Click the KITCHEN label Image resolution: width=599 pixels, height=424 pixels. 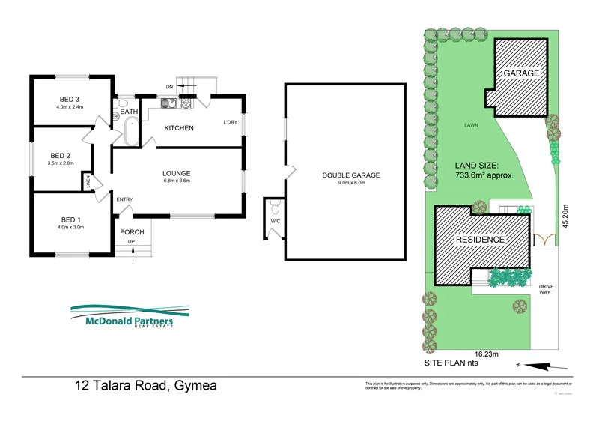[x=179, y=128]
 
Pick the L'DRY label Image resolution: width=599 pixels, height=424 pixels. [x=230, y=123]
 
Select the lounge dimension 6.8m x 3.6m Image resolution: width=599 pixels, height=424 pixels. [x=177, y=180]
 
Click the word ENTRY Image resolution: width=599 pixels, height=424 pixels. [x=124, y=199]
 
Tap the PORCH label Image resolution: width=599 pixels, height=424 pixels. [x=132, y=232]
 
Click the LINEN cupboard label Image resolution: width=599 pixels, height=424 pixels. [x=88, y=181]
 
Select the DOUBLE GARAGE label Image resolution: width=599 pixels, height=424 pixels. [x=351, y=175]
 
